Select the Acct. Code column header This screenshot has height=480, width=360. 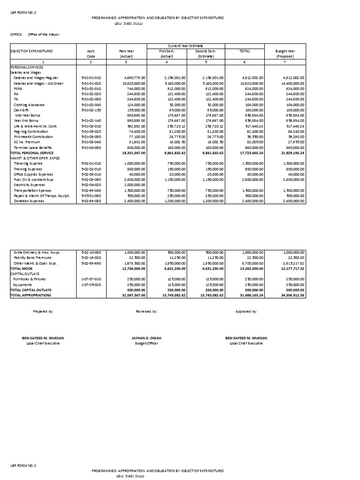pyautogui.click(x=91, y=53)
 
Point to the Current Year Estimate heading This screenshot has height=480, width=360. pyautogui.click(x=187, y=45)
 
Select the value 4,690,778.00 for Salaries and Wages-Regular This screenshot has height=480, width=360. pyautogui.click(x=134, y=78)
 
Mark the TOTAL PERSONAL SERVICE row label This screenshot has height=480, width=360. pyautogui.click(x=31, y=153)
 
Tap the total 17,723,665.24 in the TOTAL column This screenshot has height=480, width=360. pyautogui.click(x=250, y=153)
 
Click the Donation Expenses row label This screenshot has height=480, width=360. pyautogui.click(x=29, y=201)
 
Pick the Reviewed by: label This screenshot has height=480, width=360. pyautogui.click(x=146, y=311)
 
